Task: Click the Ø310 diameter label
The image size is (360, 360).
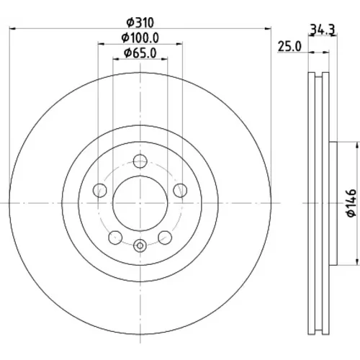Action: pyautogui.click(x=140, y=23)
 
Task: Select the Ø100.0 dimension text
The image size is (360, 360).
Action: pyautogui.click(x=140, y=38)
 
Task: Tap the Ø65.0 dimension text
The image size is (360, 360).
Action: pyautogui.click(x=140, y=53)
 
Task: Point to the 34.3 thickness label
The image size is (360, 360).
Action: pyautogui.click(x=323, y=30)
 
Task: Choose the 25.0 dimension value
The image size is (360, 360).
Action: pyautogui.click(x=289, y=46)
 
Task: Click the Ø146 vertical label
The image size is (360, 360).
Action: pyautogui.click(x=351, y=203)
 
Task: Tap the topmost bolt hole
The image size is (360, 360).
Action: pyautogui.click(x=140, y=161)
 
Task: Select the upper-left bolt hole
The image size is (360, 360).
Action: pyautogui.click(x=100, y=190)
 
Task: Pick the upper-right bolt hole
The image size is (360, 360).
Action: pyautogui.click(x=180, y=190)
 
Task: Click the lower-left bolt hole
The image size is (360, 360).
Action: pyautogui.click(x=115, y=238)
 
